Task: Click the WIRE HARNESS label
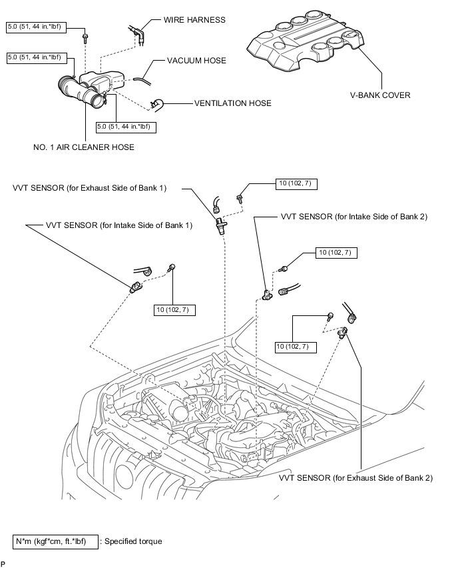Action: [194, 20]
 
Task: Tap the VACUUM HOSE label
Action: [196, 61]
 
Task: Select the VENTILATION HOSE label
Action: [232, 103]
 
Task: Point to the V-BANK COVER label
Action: [380, 95]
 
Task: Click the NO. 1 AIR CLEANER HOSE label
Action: [84, 147]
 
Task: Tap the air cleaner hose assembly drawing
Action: [91, 89]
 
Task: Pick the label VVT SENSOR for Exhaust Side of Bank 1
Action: [89, 188]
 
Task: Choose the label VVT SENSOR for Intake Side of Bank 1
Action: [119, 225]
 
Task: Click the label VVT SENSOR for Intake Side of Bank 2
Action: [353, 217]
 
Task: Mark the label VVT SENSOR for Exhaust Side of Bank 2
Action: [355, 478]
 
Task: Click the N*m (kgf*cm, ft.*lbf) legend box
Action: [55, 541]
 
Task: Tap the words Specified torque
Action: [133, 541]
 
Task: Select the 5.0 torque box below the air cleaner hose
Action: [126, 127]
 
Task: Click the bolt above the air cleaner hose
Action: [85, 38]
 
